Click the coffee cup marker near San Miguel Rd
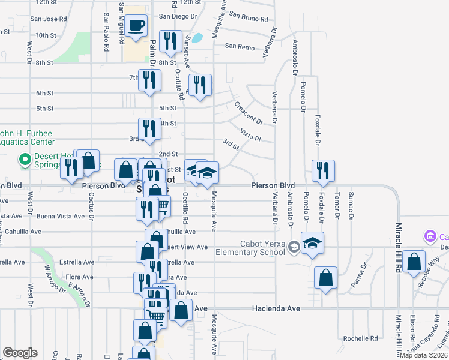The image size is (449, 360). [x=136, y=26]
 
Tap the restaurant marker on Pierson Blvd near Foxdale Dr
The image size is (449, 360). [x=323, y=170]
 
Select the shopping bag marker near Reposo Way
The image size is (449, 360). [x=414, y=262]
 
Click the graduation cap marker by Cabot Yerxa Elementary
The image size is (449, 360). [x=312, y=244]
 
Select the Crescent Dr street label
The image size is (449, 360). [x=249, y=112]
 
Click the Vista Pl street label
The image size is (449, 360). [x=250, y=134]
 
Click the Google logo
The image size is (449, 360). [x=20, y=352]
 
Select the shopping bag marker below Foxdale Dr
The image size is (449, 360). [x=325, y=278]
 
